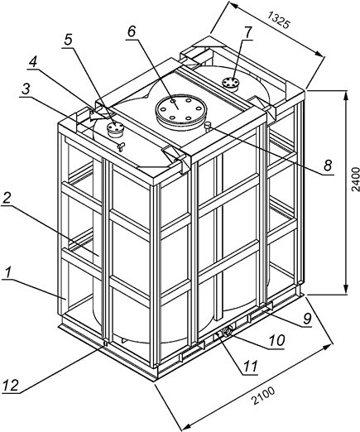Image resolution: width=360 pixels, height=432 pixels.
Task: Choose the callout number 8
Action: click(329, 166)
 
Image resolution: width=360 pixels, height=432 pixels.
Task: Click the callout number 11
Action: click(248, 360)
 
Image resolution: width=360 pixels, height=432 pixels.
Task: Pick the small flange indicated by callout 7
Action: click(232, 81)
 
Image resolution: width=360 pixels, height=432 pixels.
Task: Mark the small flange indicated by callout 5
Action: click(116, 127)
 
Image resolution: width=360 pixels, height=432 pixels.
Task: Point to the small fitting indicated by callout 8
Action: click(208, 124)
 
